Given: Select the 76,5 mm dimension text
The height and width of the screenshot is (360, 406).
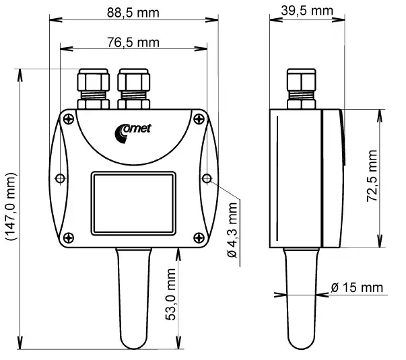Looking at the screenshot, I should point(133,42).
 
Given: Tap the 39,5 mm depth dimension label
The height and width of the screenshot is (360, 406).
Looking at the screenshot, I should point(307,11).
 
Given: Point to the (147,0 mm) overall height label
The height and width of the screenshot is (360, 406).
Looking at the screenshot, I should point(10,206).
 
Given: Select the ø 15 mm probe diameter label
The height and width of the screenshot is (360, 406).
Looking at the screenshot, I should point(356,287).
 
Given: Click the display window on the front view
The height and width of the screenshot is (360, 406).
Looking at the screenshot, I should point(133,202).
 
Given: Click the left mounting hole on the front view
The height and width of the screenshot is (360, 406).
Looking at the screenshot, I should point(61,178).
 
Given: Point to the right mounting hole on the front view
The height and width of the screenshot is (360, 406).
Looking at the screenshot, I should point(207,178).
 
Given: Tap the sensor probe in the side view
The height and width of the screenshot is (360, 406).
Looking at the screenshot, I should point(297,296).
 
